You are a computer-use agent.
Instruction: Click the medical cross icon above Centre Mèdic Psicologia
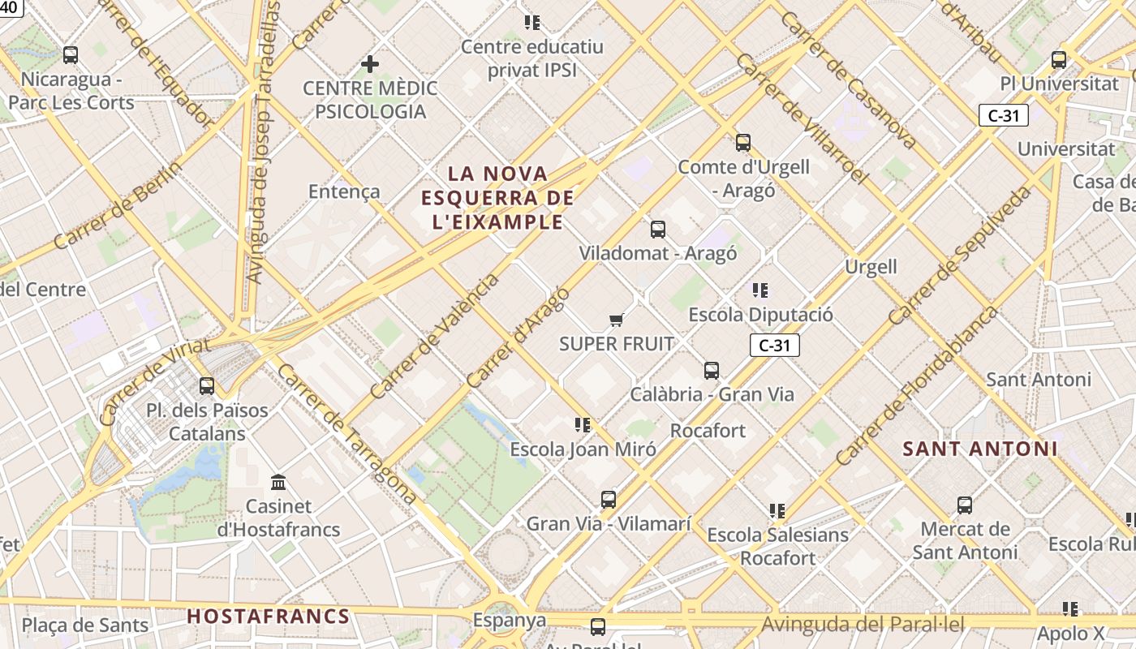tap(370, 63)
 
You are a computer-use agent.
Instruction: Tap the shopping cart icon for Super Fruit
tap(617, 320)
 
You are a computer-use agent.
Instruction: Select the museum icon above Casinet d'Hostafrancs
tap(279, 483)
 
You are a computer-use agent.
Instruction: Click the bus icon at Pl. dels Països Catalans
tap(207, 386)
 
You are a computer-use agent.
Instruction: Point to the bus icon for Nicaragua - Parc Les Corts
tap(71, 55)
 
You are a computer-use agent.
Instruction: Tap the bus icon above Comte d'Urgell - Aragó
tap(743, 143)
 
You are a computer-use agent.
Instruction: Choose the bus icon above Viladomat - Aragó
tap(658, 230)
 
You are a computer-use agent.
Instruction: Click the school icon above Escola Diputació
tap(760, 290)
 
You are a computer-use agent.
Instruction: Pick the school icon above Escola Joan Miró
tap(582, 425)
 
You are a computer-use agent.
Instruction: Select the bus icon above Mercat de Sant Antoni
tap(965, 505)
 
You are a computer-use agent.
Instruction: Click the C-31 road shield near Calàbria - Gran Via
tap(774, 346)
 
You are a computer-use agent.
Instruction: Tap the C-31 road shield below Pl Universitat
tap(1003, 115)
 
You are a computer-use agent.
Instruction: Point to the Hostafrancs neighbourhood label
tap(269, 617)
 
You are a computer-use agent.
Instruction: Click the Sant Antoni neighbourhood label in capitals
tap(980, 449)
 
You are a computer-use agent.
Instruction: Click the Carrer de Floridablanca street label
tap(917, 386)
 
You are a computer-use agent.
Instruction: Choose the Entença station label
tap(344, 191)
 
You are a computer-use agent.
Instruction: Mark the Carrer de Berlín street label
tap(118, 204)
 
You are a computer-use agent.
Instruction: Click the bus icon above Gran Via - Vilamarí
tap(609, 500)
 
